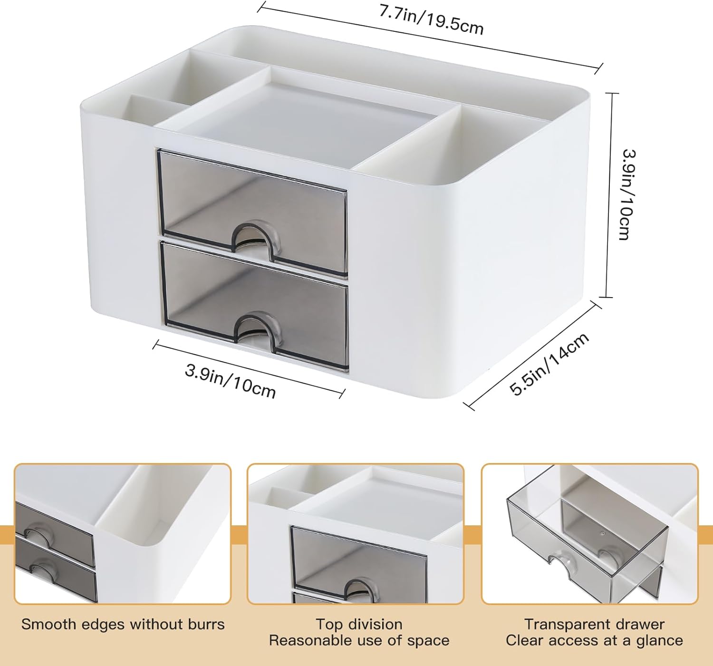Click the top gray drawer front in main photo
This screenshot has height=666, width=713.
click(x=252, y=212)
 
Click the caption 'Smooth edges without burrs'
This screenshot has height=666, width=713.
click(x=123, y=624)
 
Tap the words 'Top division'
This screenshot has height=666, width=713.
click(x=359, y=624)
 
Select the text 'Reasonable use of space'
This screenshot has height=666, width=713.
click(x=359, y=640)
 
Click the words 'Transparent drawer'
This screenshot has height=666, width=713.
click(x=594, y=624)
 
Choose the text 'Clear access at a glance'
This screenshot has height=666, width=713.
click(x=594, y=640)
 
